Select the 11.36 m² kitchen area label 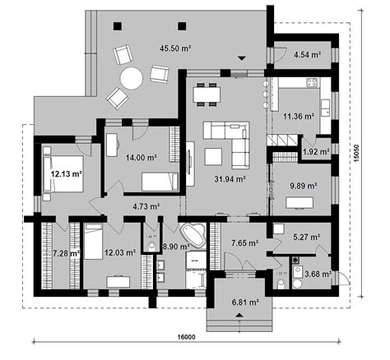tap(298, 116)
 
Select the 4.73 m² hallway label tap(145, 207)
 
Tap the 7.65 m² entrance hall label tap(244, 243)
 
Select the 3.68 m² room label tap(317, 274)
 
